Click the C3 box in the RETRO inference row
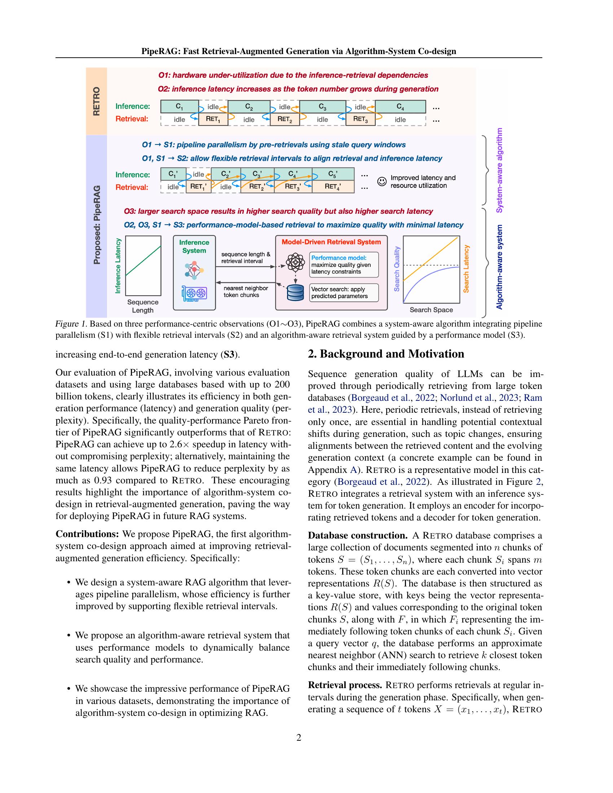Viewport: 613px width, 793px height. point(322,106)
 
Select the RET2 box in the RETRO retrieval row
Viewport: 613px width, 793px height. point(285,119)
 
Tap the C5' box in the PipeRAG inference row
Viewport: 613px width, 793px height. point(333,174)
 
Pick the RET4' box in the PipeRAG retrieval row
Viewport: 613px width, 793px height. point(333,187)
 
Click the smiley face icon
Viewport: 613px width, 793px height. point(382,181)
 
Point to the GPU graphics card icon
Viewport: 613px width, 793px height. point(194,293)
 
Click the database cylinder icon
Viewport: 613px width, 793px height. point(295,293)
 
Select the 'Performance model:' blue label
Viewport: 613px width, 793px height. point(339,258)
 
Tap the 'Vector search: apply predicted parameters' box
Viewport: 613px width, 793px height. point(344,293)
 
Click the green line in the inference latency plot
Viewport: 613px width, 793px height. point(143,261)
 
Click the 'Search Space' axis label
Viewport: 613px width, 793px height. point(431,310)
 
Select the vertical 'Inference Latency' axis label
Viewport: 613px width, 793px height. point(118,266)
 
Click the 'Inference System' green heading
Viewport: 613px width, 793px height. point(194,247)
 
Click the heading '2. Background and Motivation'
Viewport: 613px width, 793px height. point(386,354)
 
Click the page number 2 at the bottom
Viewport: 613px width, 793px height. point(299,737)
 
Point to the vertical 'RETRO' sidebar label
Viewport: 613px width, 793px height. point(96,101)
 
